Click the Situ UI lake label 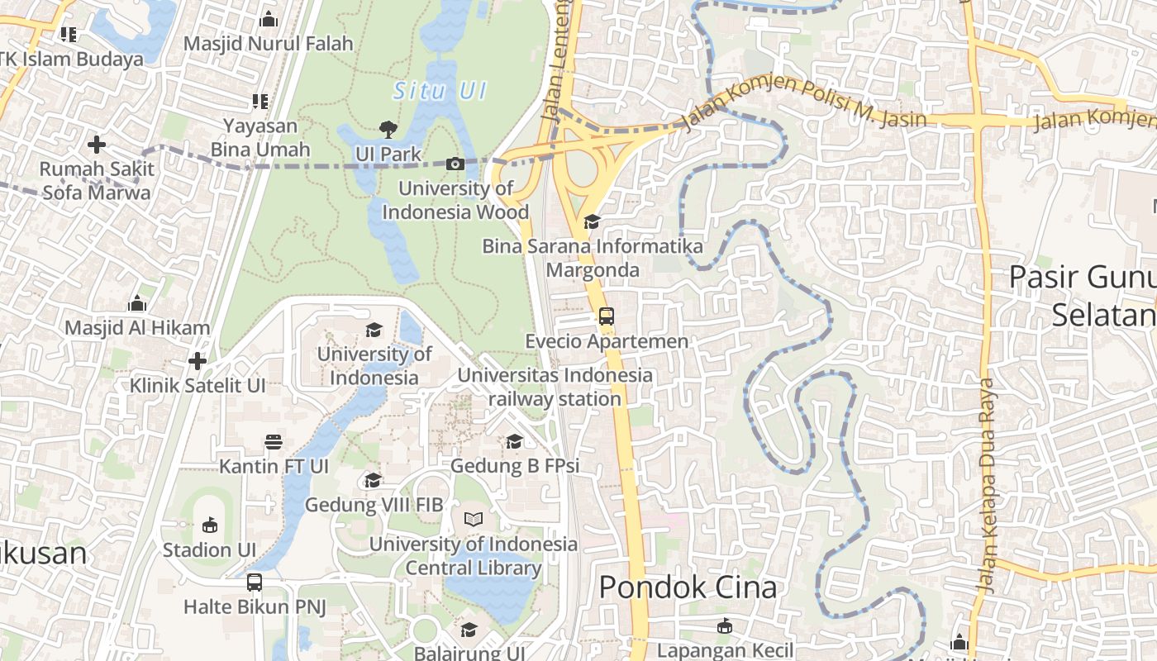point(439,91)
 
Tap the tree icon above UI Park point(388,129)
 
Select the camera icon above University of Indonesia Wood point(455,164)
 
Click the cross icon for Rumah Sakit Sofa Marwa point(97,145)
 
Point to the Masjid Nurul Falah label point(268,43)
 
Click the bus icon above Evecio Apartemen point(607,316)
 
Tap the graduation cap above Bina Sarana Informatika point(592,221)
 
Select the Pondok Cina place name point(688,587)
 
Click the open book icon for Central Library point(473,519)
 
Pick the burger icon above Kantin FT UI point(274,441)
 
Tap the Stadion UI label point(209,549)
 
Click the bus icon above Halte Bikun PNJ point(255,582)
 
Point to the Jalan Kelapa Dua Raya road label point(987,486)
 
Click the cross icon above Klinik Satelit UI point(197,361)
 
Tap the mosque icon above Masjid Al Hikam point(137,303)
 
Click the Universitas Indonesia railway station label point(555,387)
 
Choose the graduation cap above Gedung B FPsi point(514,441)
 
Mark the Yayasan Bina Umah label point(260,138)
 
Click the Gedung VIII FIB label point(374,504)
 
